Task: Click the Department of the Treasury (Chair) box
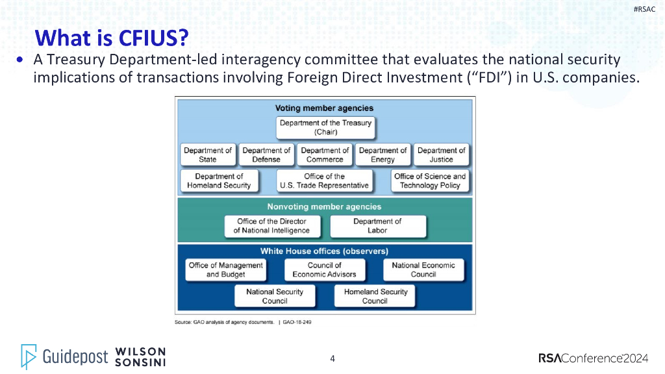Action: pos(325,127)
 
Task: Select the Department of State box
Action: pos(208,155)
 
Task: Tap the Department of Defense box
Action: pos(266,155)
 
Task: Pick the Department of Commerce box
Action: pos(325,155)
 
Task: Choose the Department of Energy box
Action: pos(383,155)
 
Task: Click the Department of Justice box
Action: pos(441,155)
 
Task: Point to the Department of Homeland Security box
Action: pos(219,181)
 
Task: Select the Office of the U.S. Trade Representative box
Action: pos(324,181)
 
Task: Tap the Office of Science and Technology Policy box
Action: pos(429,181)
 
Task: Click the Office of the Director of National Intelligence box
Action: pos(271,226)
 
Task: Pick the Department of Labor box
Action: pos(377,226)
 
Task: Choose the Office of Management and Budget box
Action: pos(225,270)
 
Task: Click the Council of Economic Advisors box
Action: pos(324,270)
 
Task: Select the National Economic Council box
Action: pos(423,270)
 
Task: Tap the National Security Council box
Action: pos(275,296)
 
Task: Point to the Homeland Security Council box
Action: pos(375,296)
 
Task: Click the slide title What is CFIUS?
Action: pos(111,38)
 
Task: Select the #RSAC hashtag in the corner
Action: pos(644,8)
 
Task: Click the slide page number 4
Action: pos(332,358)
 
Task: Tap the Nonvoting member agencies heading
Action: pos(324,206)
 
